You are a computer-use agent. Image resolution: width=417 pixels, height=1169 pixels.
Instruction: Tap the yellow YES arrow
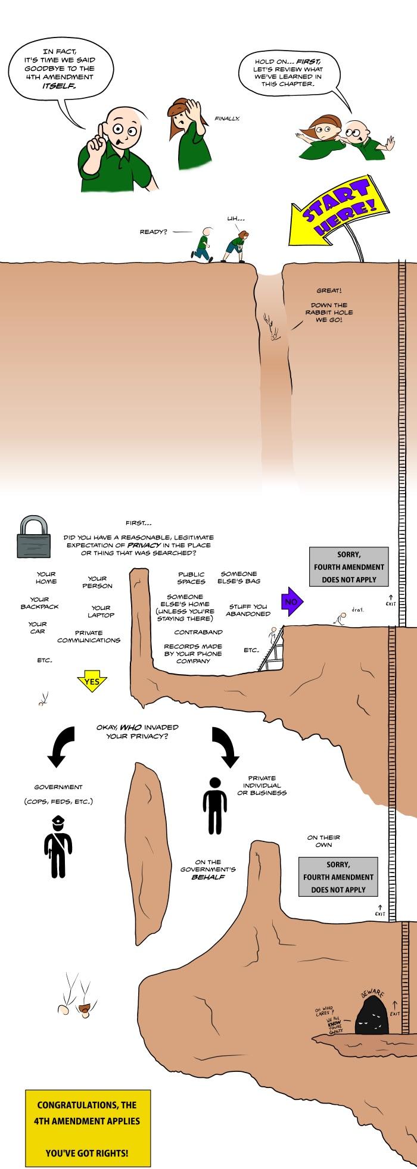point(91,681)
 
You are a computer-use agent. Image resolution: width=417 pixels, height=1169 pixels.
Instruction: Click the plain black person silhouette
point(214,805)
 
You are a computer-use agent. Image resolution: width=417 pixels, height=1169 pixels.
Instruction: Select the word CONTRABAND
point(198,632)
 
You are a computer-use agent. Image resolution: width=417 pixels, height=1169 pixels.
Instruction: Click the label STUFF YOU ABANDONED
point(248,610)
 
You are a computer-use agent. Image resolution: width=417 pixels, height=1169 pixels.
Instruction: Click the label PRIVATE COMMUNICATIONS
point(89,636)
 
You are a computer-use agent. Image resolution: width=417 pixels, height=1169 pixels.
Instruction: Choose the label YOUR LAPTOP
point(101,611)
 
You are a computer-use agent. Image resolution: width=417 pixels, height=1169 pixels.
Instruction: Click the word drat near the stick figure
point(357,609)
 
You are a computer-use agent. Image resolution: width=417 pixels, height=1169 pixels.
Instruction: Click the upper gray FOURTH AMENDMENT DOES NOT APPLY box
point(348,567)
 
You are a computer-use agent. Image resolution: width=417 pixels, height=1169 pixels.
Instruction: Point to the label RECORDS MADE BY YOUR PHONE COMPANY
point(193,653)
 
